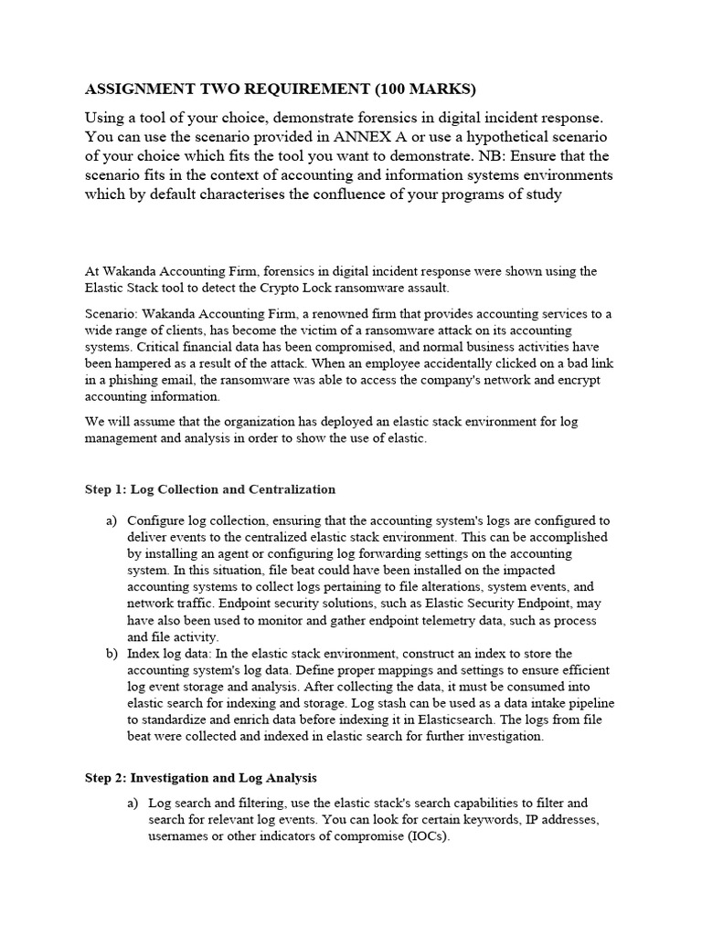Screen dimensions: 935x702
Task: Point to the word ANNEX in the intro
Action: tap(360, 137)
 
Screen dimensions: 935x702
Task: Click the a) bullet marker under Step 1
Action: tap(112, 520)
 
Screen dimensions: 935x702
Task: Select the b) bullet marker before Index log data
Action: tap(112, 654)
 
